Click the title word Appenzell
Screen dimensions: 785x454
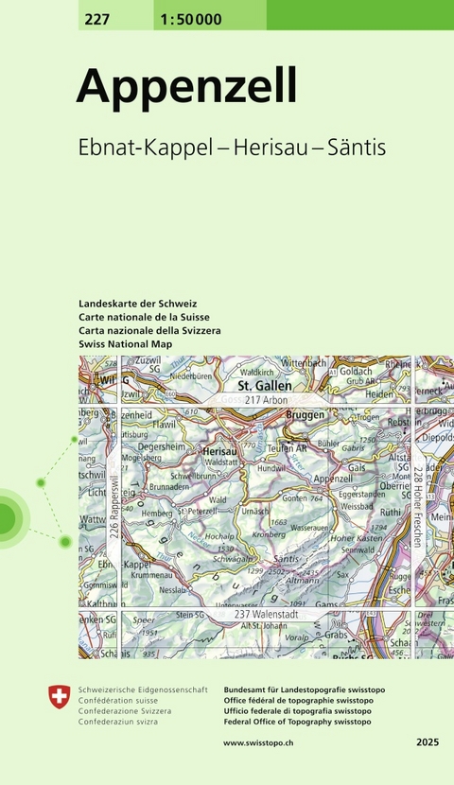point(186,86)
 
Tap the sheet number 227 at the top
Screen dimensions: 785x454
point(95,21)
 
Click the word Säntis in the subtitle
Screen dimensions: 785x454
point(361,148)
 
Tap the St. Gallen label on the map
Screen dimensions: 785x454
point(264,386)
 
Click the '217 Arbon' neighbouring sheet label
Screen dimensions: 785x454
point(265,400)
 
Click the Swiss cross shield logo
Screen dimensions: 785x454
point(59,698)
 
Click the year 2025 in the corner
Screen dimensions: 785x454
point(427,744)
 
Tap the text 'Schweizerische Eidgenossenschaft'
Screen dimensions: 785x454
point(143,689)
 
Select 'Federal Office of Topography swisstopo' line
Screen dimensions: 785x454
point(297,722)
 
